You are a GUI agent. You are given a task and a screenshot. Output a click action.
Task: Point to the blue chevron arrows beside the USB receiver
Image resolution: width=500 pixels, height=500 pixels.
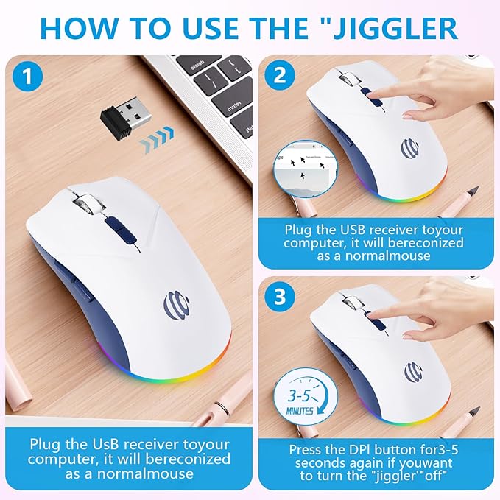coord(158,135)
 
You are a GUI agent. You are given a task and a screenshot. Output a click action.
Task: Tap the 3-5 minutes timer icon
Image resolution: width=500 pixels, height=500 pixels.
coord(297,397)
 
